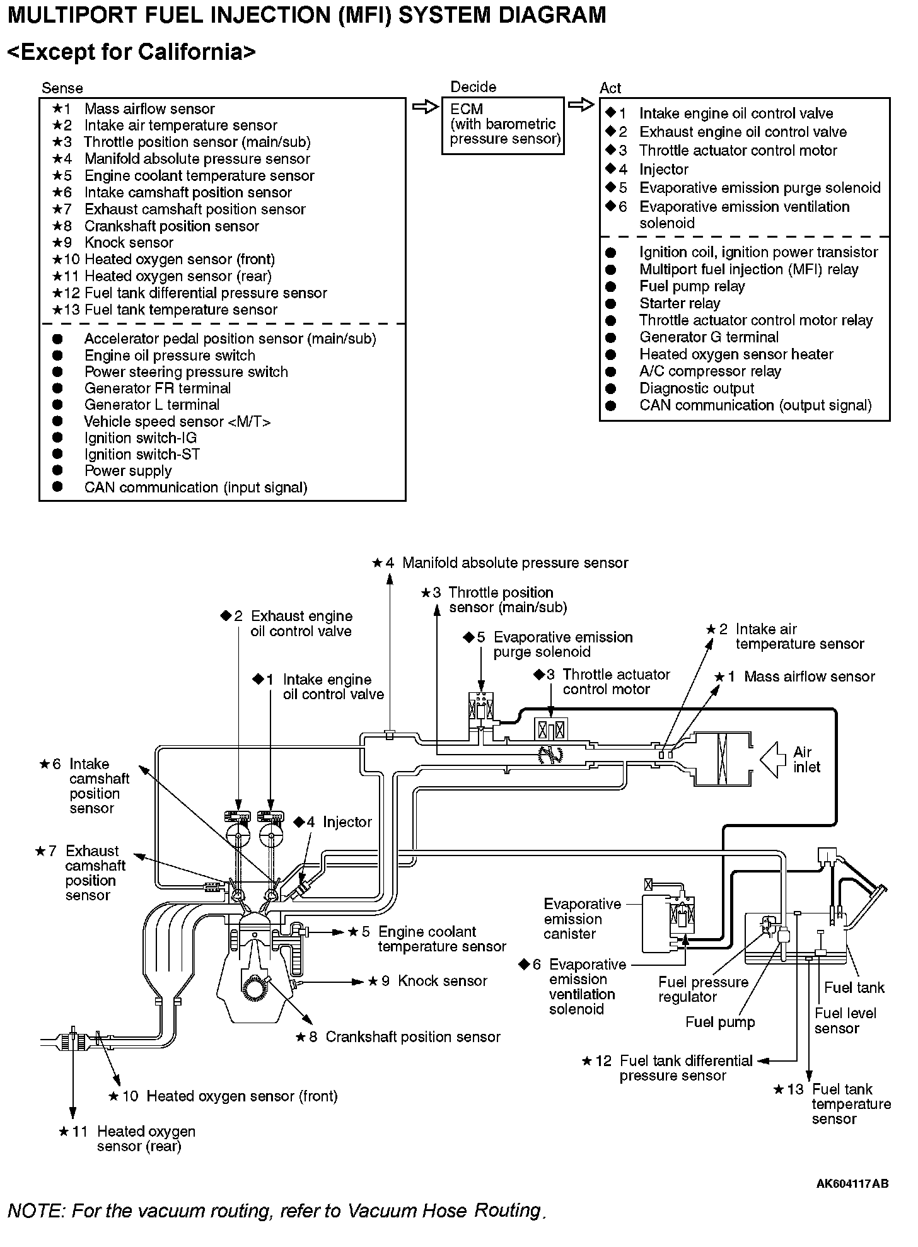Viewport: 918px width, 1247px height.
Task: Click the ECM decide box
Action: coord(503,125)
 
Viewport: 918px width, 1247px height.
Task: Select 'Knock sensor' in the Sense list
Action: coord(129,243)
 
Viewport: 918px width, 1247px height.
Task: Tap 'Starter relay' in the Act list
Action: coord(679,303)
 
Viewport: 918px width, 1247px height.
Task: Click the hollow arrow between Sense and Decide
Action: coord(424,107)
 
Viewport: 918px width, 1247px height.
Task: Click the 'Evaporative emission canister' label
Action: coord(581,919)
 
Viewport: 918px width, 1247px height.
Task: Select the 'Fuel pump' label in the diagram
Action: coord(719,1022)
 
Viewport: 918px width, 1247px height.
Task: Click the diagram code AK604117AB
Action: coord(852,1183)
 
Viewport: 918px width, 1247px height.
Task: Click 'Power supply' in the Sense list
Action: coord(128,471)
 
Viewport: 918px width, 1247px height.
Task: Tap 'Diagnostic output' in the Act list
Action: coord(696,388)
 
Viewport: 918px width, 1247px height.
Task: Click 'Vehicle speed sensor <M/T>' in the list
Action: coord(177,421)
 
